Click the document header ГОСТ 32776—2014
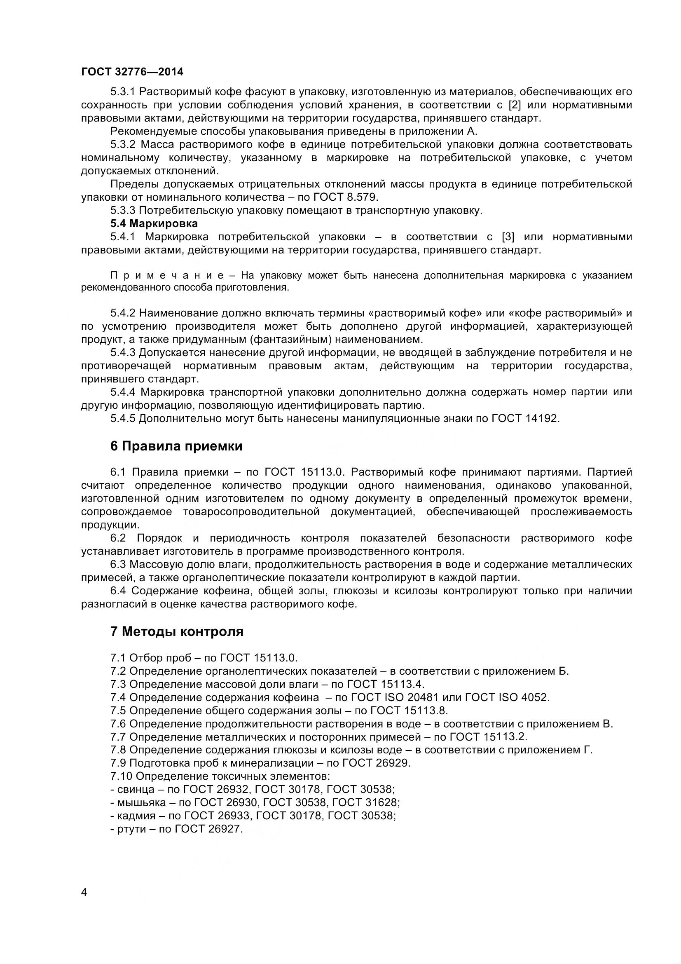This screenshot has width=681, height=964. (132, 72)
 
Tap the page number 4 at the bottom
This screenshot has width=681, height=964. (84, 904)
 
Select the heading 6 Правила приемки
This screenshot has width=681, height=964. (176, 446)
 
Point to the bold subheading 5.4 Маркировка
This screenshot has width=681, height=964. (154, 223)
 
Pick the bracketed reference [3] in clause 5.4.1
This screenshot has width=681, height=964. (508, 237)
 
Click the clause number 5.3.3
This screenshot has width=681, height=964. (123, 210)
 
